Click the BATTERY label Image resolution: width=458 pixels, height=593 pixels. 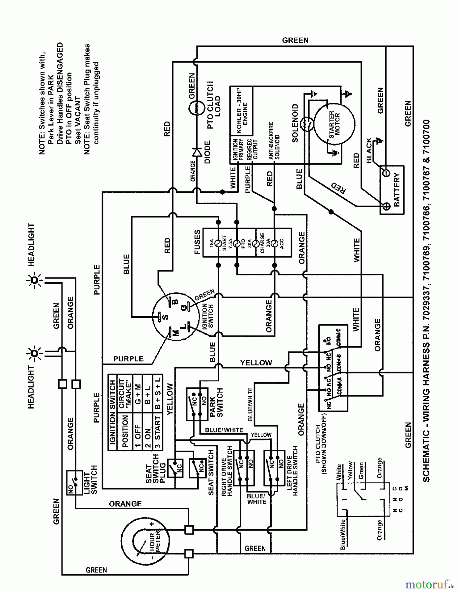(x=396, y=190)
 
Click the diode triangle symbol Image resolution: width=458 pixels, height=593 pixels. (x=197, y=152)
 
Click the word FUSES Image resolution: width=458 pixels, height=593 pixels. (x=197, y=242)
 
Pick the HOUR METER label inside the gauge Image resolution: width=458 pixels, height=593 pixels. (x=155, y=542)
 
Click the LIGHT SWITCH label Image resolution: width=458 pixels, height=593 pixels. (x=90, y=480)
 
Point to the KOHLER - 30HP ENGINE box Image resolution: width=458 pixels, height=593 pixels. (x=242, y=111)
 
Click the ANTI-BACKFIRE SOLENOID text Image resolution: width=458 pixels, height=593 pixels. (x=274, y=141)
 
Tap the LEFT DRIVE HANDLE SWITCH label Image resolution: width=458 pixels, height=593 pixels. (x=292, y=471)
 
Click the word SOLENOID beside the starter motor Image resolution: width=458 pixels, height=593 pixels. (x=295, y=123)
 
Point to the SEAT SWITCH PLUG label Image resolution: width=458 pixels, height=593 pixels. (x=156, y=469)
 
